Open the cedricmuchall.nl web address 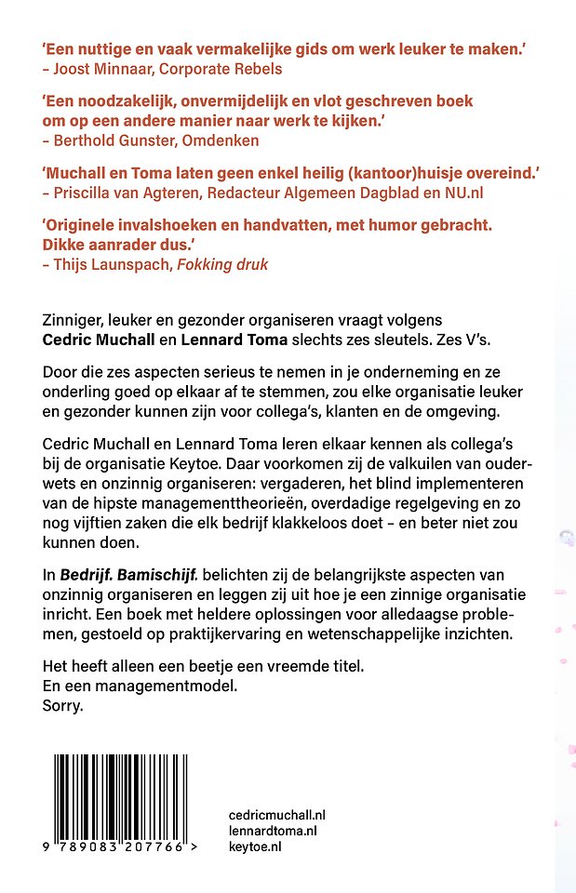pyautogui.click(x=276, y=814)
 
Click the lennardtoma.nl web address pyautogui.click(x=273, y=830)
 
